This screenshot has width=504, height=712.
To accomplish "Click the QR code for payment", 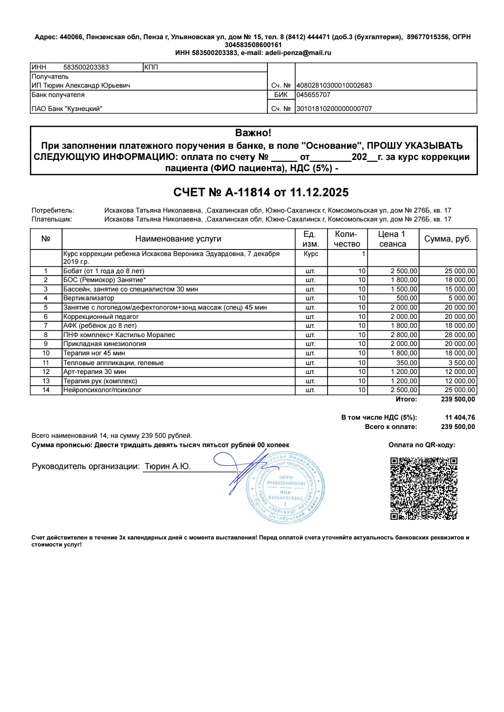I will [x=424, y=488].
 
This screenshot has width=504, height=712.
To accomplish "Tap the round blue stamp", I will [x=285, y=488].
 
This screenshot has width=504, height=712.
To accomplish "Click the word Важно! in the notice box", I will [x=253, y=133].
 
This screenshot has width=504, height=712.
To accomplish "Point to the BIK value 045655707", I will [x=314, y=95].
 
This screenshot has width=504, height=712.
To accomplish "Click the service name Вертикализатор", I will [x=89, y=298].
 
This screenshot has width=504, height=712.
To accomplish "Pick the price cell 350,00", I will [x=406, y=363].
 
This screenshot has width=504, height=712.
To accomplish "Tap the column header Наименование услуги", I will [x=178, y=239].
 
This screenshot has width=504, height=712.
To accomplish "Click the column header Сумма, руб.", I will [x=448, y=239].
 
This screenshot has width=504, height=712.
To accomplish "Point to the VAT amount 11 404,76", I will [x=460, y=417].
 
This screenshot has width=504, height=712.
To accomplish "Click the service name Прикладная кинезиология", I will [x=105, y=344].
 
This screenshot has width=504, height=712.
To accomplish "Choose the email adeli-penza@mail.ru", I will [x=298, y=53].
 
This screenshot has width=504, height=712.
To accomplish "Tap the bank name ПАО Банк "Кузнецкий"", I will [x=67, y=109].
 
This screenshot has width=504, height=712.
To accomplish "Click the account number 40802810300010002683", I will [x=335, y=85].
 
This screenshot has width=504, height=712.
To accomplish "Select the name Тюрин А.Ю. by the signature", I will [x=168, y=466].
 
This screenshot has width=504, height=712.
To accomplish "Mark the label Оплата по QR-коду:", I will [x=422, y=445].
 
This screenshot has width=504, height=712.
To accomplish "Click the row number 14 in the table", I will [x=46, y=390].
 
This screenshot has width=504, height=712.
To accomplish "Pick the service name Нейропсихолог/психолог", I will [x=102, y=390].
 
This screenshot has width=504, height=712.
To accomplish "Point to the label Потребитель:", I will [x=53, y=210].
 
